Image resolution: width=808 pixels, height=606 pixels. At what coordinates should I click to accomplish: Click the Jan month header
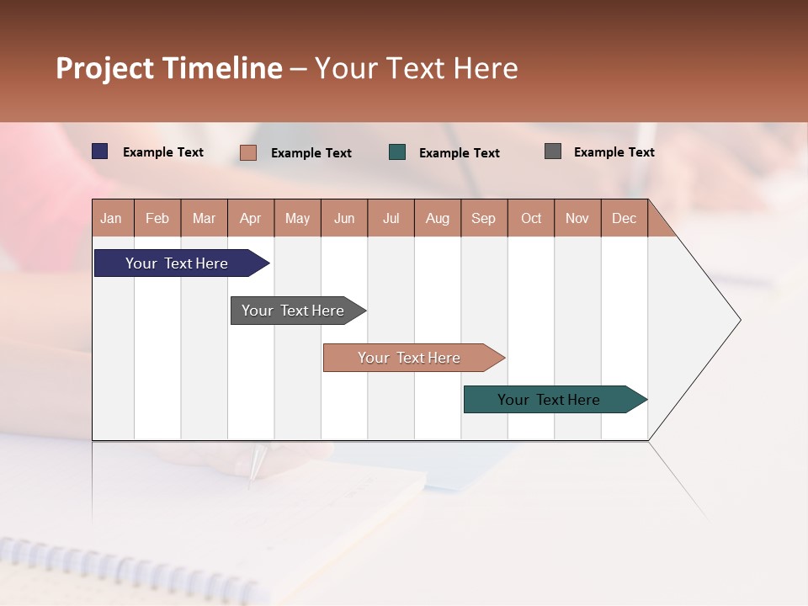[112, 218]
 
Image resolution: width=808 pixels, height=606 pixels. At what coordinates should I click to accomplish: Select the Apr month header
[251, 218]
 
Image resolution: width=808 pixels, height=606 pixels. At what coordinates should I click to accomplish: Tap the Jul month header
[391, 218]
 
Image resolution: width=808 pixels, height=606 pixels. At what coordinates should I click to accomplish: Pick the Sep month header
[484, 218]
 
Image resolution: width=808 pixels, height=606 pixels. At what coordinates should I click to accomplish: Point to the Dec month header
[624, 218]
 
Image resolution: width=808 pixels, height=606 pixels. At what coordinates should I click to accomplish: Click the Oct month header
[531, 218]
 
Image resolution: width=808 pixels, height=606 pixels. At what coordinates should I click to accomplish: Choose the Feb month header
[157, 218]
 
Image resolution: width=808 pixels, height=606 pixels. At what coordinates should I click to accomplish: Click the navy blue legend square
[100, 151]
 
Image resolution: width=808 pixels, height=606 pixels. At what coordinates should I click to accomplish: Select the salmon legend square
[248, 152]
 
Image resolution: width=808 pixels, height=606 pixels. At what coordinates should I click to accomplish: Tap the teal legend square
[397, 152]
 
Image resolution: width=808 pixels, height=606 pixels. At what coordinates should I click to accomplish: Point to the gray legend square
[553, 151]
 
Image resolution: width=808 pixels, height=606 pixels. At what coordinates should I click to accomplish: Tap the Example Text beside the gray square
[614, 152]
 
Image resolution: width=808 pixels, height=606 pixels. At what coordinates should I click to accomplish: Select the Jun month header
[344, 218]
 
